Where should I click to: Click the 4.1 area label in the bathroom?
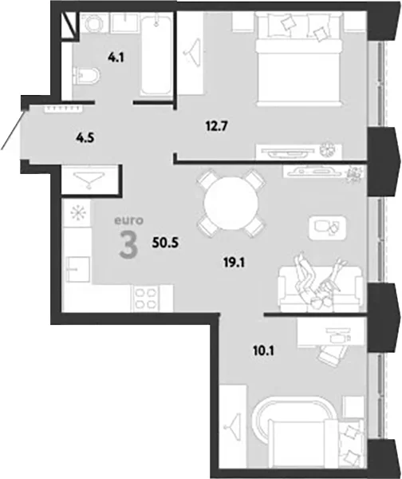tap(116, 57)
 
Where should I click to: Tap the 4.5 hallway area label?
tap(85, 138)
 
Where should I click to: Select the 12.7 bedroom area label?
tap(216, 126)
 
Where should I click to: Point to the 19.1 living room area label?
tap(235, 262)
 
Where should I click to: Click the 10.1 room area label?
tap(263, 351)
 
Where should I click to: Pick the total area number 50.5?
tap(165, 243)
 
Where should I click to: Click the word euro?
tap(128, 220)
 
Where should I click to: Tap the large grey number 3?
tap(128, 244)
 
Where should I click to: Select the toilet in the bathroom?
tap(86, 76)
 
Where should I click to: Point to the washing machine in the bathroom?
tap(93, 22)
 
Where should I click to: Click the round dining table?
tap(231, 204)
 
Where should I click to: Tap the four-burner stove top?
tap(144, 299)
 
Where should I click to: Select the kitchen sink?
tap(78, 268)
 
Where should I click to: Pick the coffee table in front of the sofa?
tap(327, 228)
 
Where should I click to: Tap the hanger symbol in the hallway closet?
tap(89, 179)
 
